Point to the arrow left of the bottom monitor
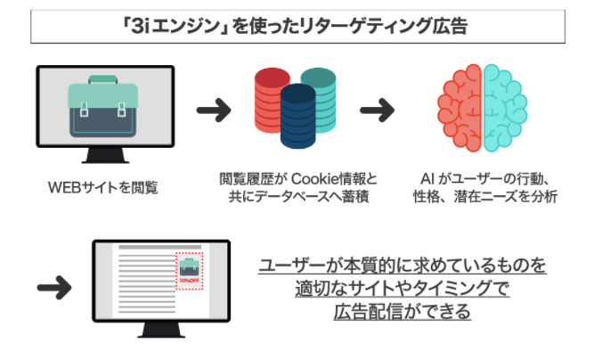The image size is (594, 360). click(x=55, y=288)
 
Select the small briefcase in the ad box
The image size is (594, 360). click(x=189, y=266)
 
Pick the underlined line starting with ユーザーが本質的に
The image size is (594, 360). click(x=403, y=266)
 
